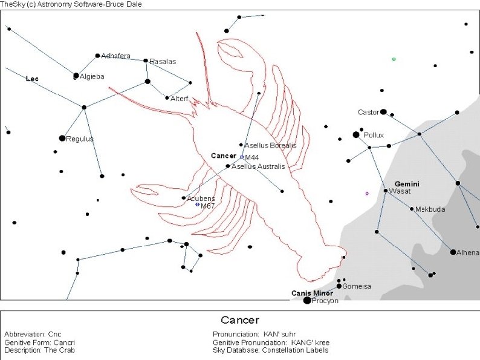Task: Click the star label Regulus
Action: coord(80,139)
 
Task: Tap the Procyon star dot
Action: coord(307,300)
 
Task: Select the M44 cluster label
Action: coord(251,158)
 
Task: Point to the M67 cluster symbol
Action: coord(197,205)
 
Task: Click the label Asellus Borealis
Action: coord(270,145)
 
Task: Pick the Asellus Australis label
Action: coord(258,166)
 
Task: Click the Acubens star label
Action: coord(201,198)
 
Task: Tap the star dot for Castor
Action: coord(383,112)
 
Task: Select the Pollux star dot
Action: coord(356,135)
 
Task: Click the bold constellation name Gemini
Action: coord(407,183)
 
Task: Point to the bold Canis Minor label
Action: coord(312,293)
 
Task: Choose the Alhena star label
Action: coord(468,252)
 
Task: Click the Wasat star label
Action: coord(400,191)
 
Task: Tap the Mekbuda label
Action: coord(430,209)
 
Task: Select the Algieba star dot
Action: coord(76,76)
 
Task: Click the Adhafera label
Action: coord(115,56)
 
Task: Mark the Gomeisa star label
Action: coord(357,286)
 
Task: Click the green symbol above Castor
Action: coord(394,59)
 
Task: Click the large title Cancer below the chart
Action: coord(239,320)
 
